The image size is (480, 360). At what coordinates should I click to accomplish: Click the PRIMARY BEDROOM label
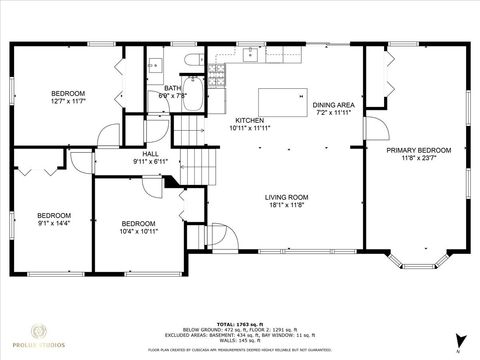tap(419, 150)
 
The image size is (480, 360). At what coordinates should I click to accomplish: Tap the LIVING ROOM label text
tap(285, 197)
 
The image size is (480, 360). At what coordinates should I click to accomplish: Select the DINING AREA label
tap(333, 105)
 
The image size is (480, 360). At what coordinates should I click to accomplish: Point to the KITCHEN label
tap(221, 120)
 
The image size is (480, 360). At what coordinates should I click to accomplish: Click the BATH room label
tap(172, 89)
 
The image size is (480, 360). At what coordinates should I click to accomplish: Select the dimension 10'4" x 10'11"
tap(139, 231)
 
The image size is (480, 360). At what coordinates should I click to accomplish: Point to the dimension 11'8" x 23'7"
tap(419, 158)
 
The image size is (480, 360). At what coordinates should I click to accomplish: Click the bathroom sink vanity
tap(156, 66)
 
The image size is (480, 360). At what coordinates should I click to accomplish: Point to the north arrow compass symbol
tap(457, 340)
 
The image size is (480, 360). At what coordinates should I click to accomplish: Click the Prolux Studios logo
tap(39, 336)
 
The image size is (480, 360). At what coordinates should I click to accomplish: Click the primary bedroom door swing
tap(374, 128)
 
